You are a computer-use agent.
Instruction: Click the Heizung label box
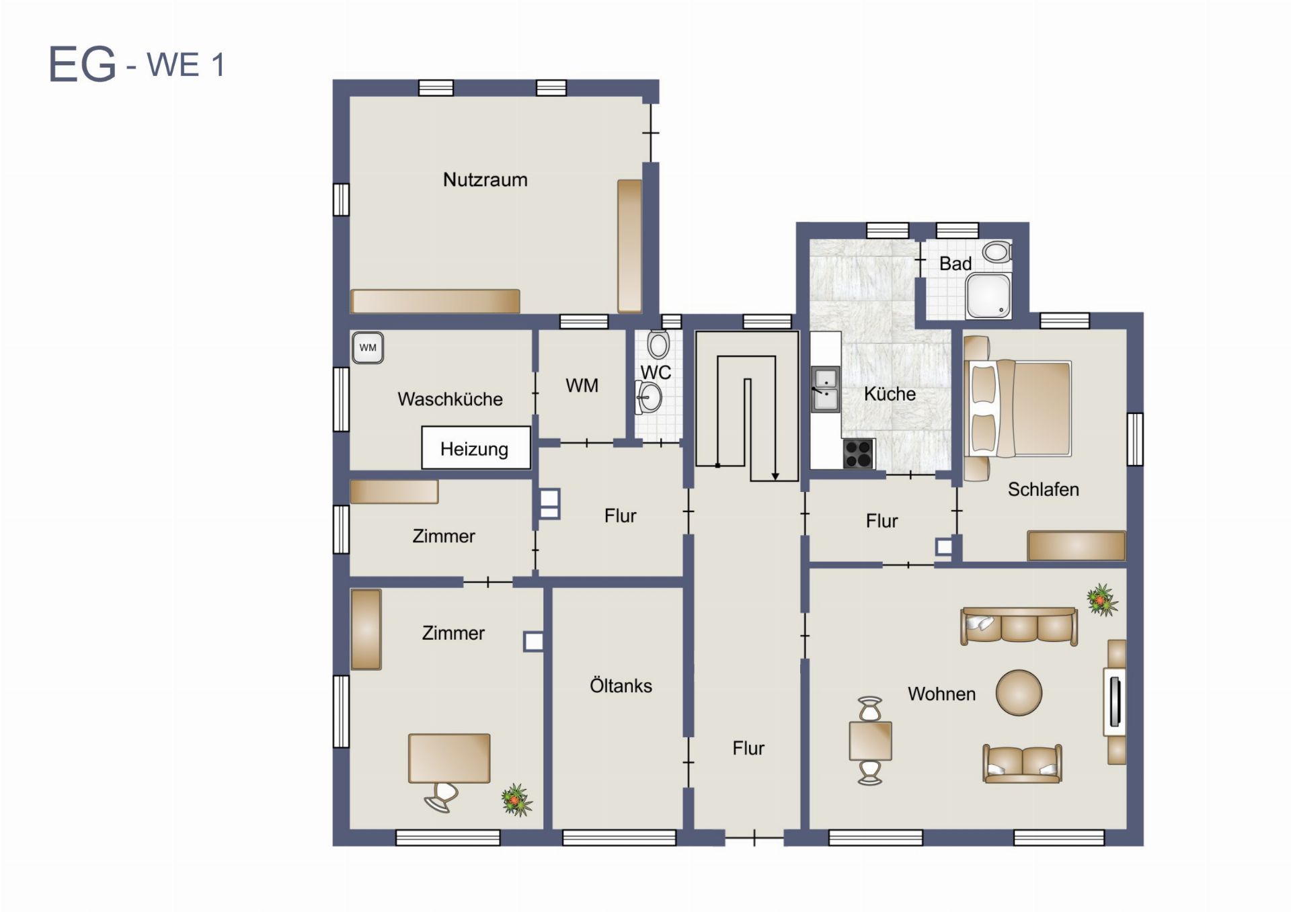(476, 448)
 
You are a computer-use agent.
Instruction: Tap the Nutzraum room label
(485, 179)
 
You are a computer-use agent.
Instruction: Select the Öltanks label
(621, 686)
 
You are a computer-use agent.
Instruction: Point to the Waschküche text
(450, 399)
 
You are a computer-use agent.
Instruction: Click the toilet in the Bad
(996, 253)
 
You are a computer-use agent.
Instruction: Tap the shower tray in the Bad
(988, 296)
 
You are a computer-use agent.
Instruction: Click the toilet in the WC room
(658, 345)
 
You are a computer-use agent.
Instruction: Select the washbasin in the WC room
(649, 397)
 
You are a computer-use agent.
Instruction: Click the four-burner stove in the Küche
(859, 454)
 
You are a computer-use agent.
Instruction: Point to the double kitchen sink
(825, 389)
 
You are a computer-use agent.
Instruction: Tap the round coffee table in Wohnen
(1019, 693)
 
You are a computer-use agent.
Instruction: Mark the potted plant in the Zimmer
(516, 800)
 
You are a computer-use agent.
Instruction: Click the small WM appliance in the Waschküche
(368, 348)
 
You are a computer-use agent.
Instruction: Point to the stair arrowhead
(775, 476)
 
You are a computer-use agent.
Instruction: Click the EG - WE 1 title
(136, 65)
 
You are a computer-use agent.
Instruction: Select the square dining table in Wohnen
(870, 741)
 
